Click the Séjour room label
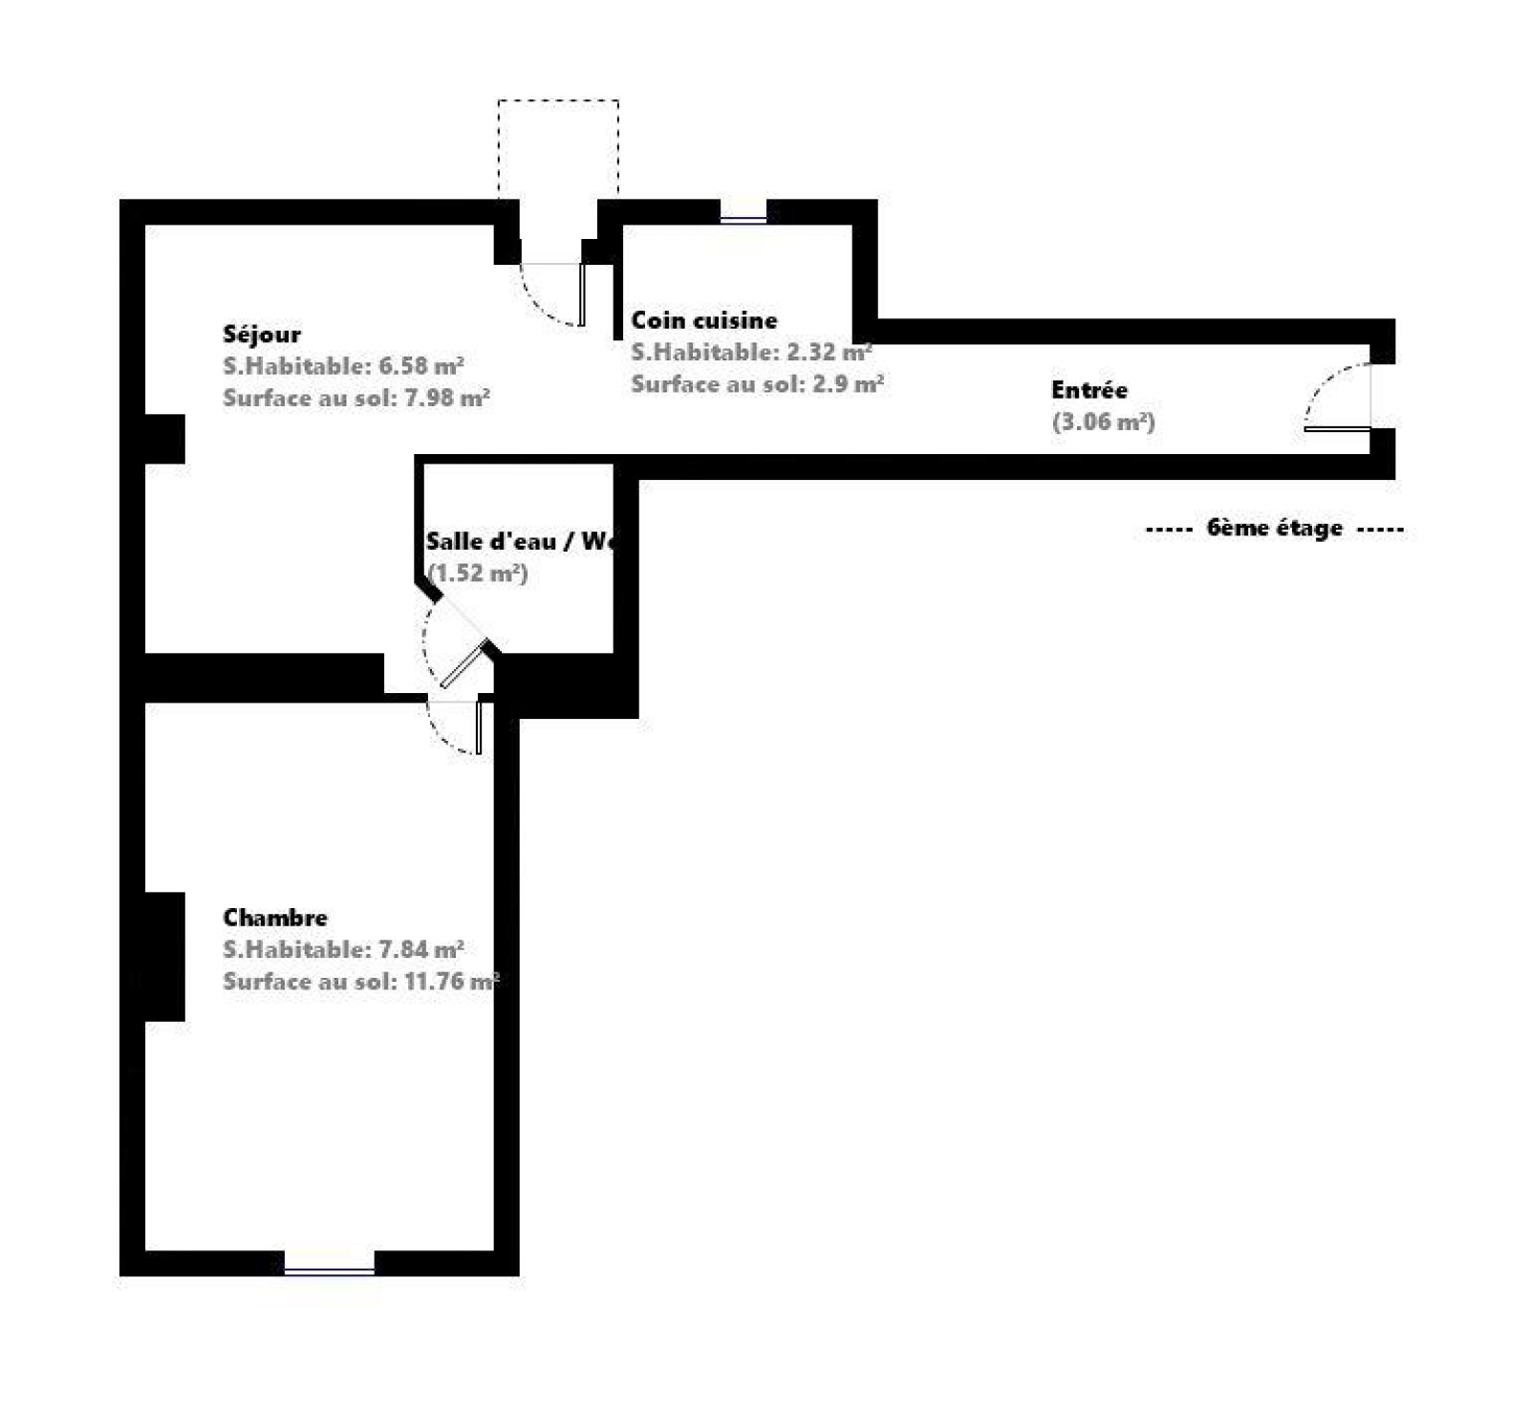pos(261,334)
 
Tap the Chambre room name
pos(275,918)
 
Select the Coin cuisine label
pos(704,320)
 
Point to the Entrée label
pos(1089,390)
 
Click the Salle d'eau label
pos(490,541)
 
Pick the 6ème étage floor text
pos(1275,528)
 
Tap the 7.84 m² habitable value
pos(421,949)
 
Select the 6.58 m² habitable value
pos(421,366)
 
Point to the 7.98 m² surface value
pos(447,398)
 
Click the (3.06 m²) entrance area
pos(1104,422)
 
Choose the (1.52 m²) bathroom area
pos(478,574)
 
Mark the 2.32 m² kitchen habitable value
pos(829,352)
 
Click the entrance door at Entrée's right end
pos(1338,429)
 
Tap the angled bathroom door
pos(465,664)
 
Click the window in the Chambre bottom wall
pos(329,1270)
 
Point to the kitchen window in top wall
pos(743,220)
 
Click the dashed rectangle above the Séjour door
pos(558,148)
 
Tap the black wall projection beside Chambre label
pos(164,957)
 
